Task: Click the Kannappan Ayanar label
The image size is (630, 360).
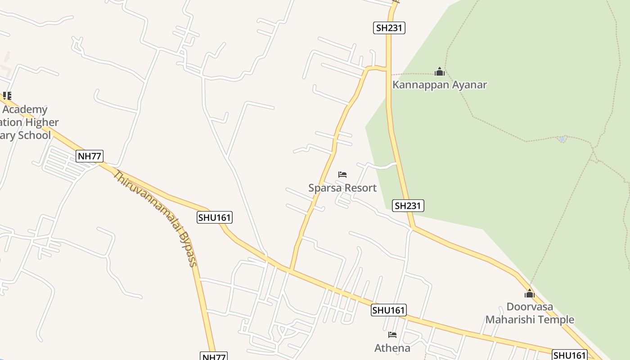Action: coord(440,85)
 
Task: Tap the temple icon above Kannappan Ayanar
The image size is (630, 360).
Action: coord(440,72)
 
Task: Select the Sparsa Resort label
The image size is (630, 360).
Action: coord(342,188)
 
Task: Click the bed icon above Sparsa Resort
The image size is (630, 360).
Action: coord(342,175)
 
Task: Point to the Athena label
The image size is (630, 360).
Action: coord(392,348)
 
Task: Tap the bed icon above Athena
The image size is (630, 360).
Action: coord(392,335)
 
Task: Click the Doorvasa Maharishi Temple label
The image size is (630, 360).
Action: coord(530,313)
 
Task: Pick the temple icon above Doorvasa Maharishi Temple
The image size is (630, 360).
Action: coord(530,294)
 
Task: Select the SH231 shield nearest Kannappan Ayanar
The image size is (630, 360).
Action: coord(389,28)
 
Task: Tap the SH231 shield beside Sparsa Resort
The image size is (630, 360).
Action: coord(408,206)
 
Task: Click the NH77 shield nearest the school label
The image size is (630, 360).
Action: coord(90,156)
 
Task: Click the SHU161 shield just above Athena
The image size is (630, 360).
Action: coord(389,310)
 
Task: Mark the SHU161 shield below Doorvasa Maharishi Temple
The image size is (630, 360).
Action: coord(570,355)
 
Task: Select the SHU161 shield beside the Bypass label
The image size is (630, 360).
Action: coord(215,218)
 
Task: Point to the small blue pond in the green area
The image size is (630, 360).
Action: coord(562,139)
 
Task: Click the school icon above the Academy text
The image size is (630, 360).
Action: coord(6,95)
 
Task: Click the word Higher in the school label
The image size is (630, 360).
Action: coord(41,122)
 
